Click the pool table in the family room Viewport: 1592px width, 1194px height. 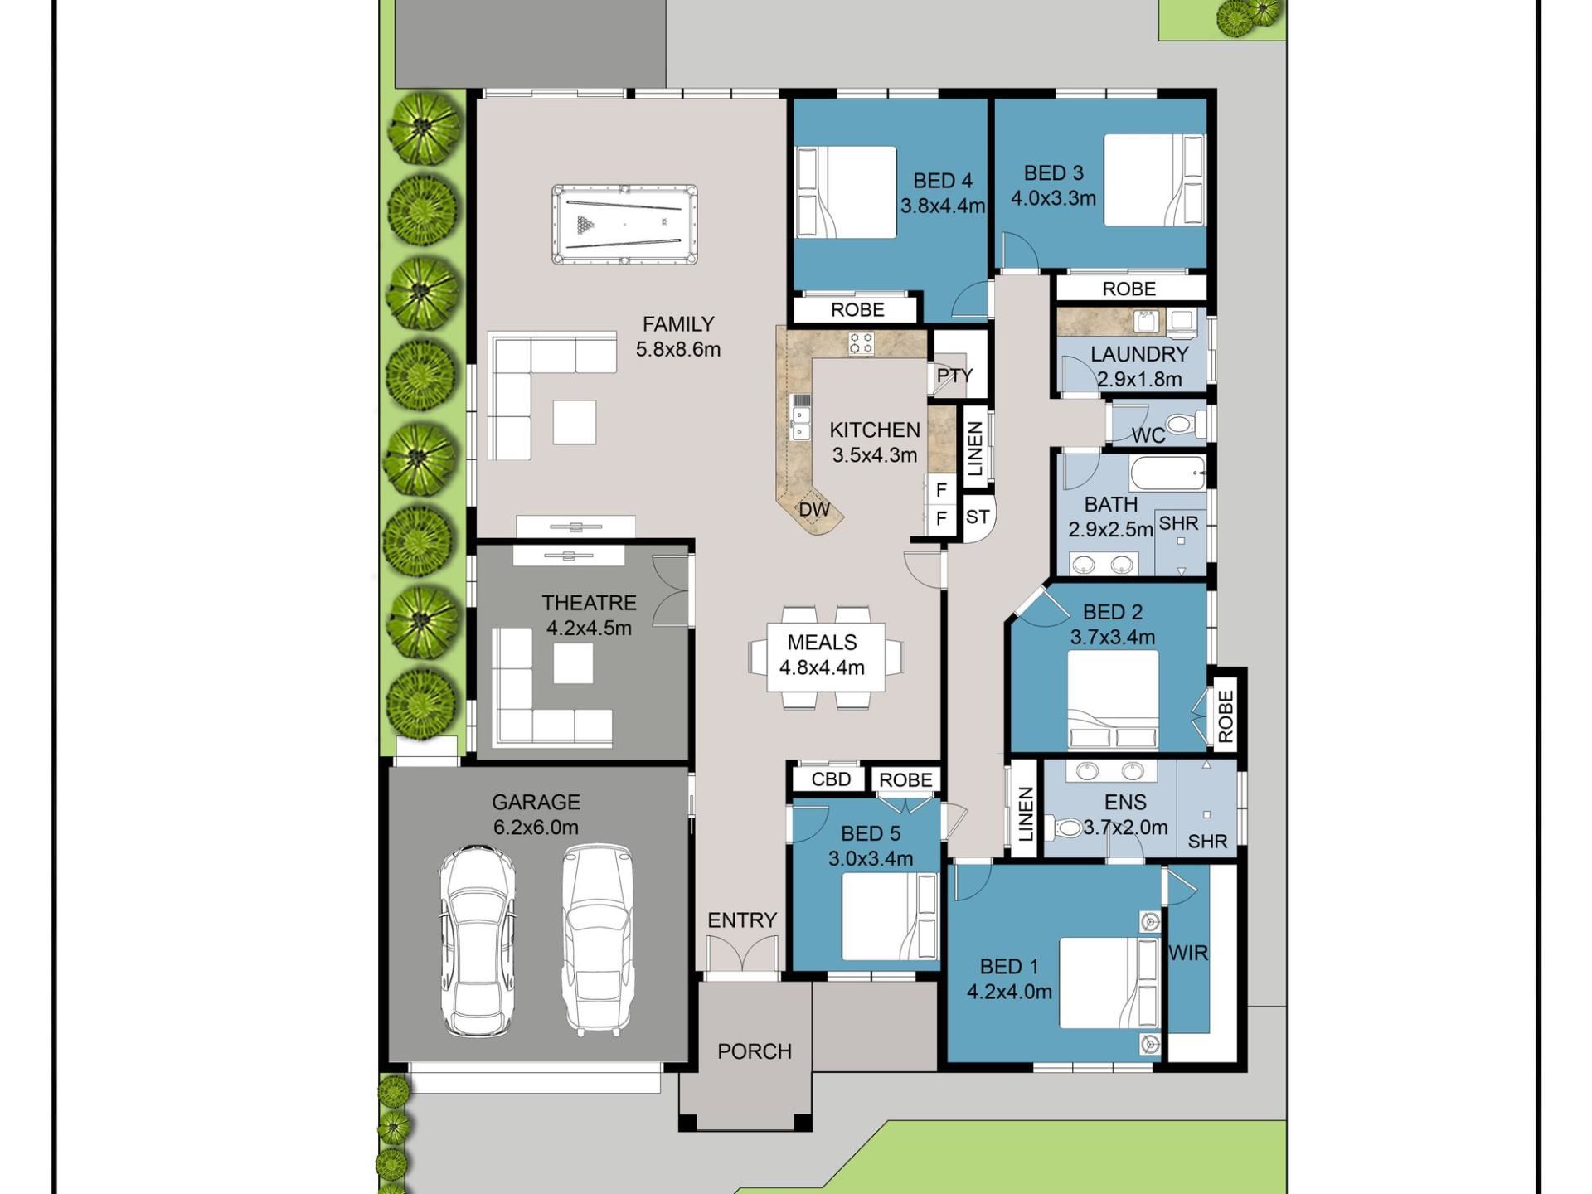(624, 224)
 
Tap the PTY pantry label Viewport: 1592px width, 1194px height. (954, 376)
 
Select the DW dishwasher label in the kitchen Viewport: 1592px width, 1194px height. (814, 509)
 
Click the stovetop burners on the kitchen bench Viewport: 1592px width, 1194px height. (861, 343)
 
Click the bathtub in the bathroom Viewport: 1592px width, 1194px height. (1167, 473)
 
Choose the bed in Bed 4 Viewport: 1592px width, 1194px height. (846, 192)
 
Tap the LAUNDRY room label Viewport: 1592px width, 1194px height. (1139, 354)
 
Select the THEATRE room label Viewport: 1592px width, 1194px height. (590, 603)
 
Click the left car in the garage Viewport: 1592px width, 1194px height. (477, 941)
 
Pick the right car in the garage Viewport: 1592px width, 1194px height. (598, 941)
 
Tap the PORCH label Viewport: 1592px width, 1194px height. (755, 1051)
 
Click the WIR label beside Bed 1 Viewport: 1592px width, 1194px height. (1188, 954)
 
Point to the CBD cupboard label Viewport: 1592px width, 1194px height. (831, 779)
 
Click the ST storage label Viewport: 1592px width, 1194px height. (978, 517)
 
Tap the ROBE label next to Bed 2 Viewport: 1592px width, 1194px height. (1226, 716)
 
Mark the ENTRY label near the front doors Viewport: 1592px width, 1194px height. (742, 920)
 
